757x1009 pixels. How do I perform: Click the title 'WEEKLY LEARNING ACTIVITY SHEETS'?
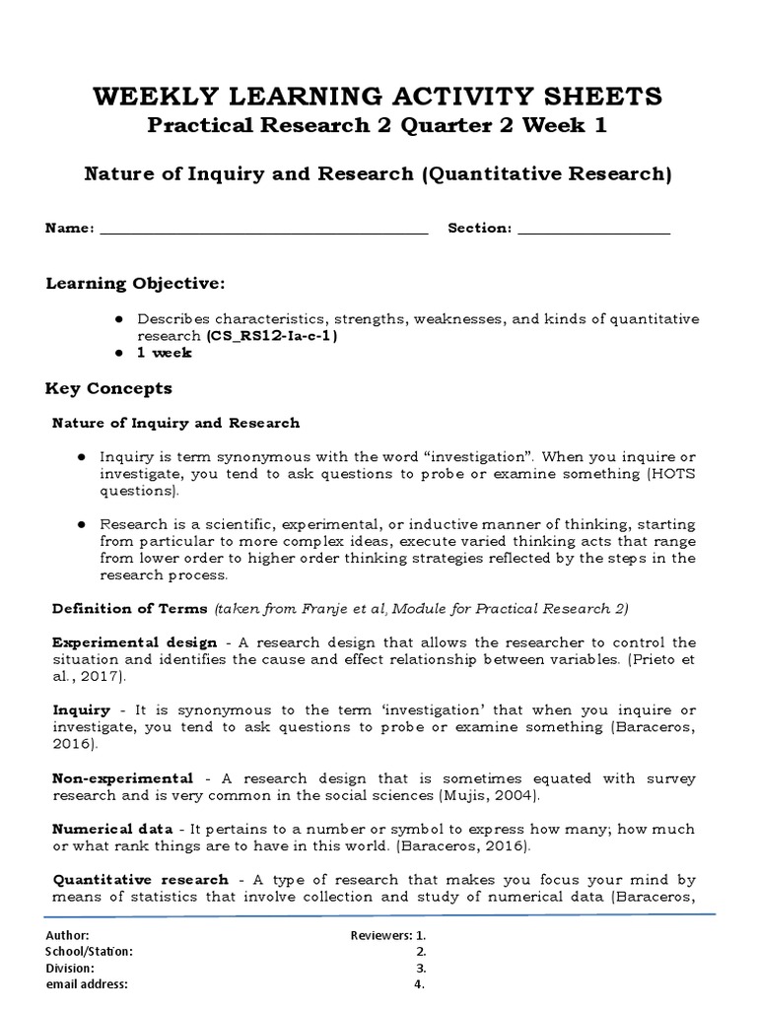(378, 97)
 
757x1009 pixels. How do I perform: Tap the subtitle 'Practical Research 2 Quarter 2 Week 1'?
(378, 127)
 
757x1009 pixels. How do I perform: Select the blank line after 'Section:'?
(593, 230)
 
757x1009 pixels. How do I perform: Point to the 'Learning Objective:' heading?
(135, 284)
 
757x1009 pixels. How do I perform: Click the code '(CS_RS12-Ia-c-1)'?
(271, 335)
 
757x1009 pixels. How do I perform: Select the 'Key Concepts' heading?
(108, 388)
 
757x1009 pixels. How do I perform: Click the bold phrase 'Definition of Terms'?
(129, 608)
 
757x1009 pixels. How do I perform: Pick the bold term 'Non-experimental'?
(122, 778)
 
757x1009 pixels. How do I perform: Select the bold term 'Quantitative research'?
(140, 879)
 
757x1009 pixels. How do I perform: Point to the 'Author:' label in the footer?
(67, 935)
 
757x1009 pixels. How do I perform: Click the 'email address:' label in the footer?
(87, 983)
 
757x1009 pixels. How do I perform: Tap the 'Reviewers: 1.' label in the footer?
(387, 935)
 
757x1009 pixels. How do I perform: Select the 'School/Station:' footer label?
(89, 951)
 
